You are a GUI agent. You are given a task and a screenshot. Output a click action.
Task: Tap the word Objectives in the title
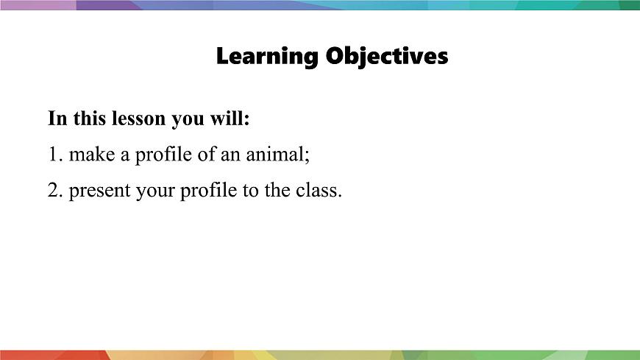click(x=387, y=56)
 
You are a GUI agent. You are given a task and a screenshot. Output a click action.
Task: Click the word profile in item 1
click(x=160, y=155)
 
